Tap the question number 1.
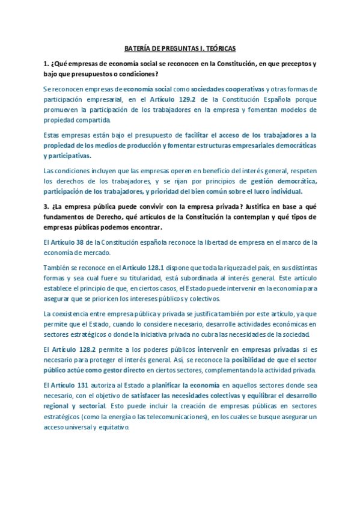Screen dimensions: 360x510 click(46, 63)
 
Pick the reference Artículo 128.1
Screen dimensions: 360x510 click(142, 267)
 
